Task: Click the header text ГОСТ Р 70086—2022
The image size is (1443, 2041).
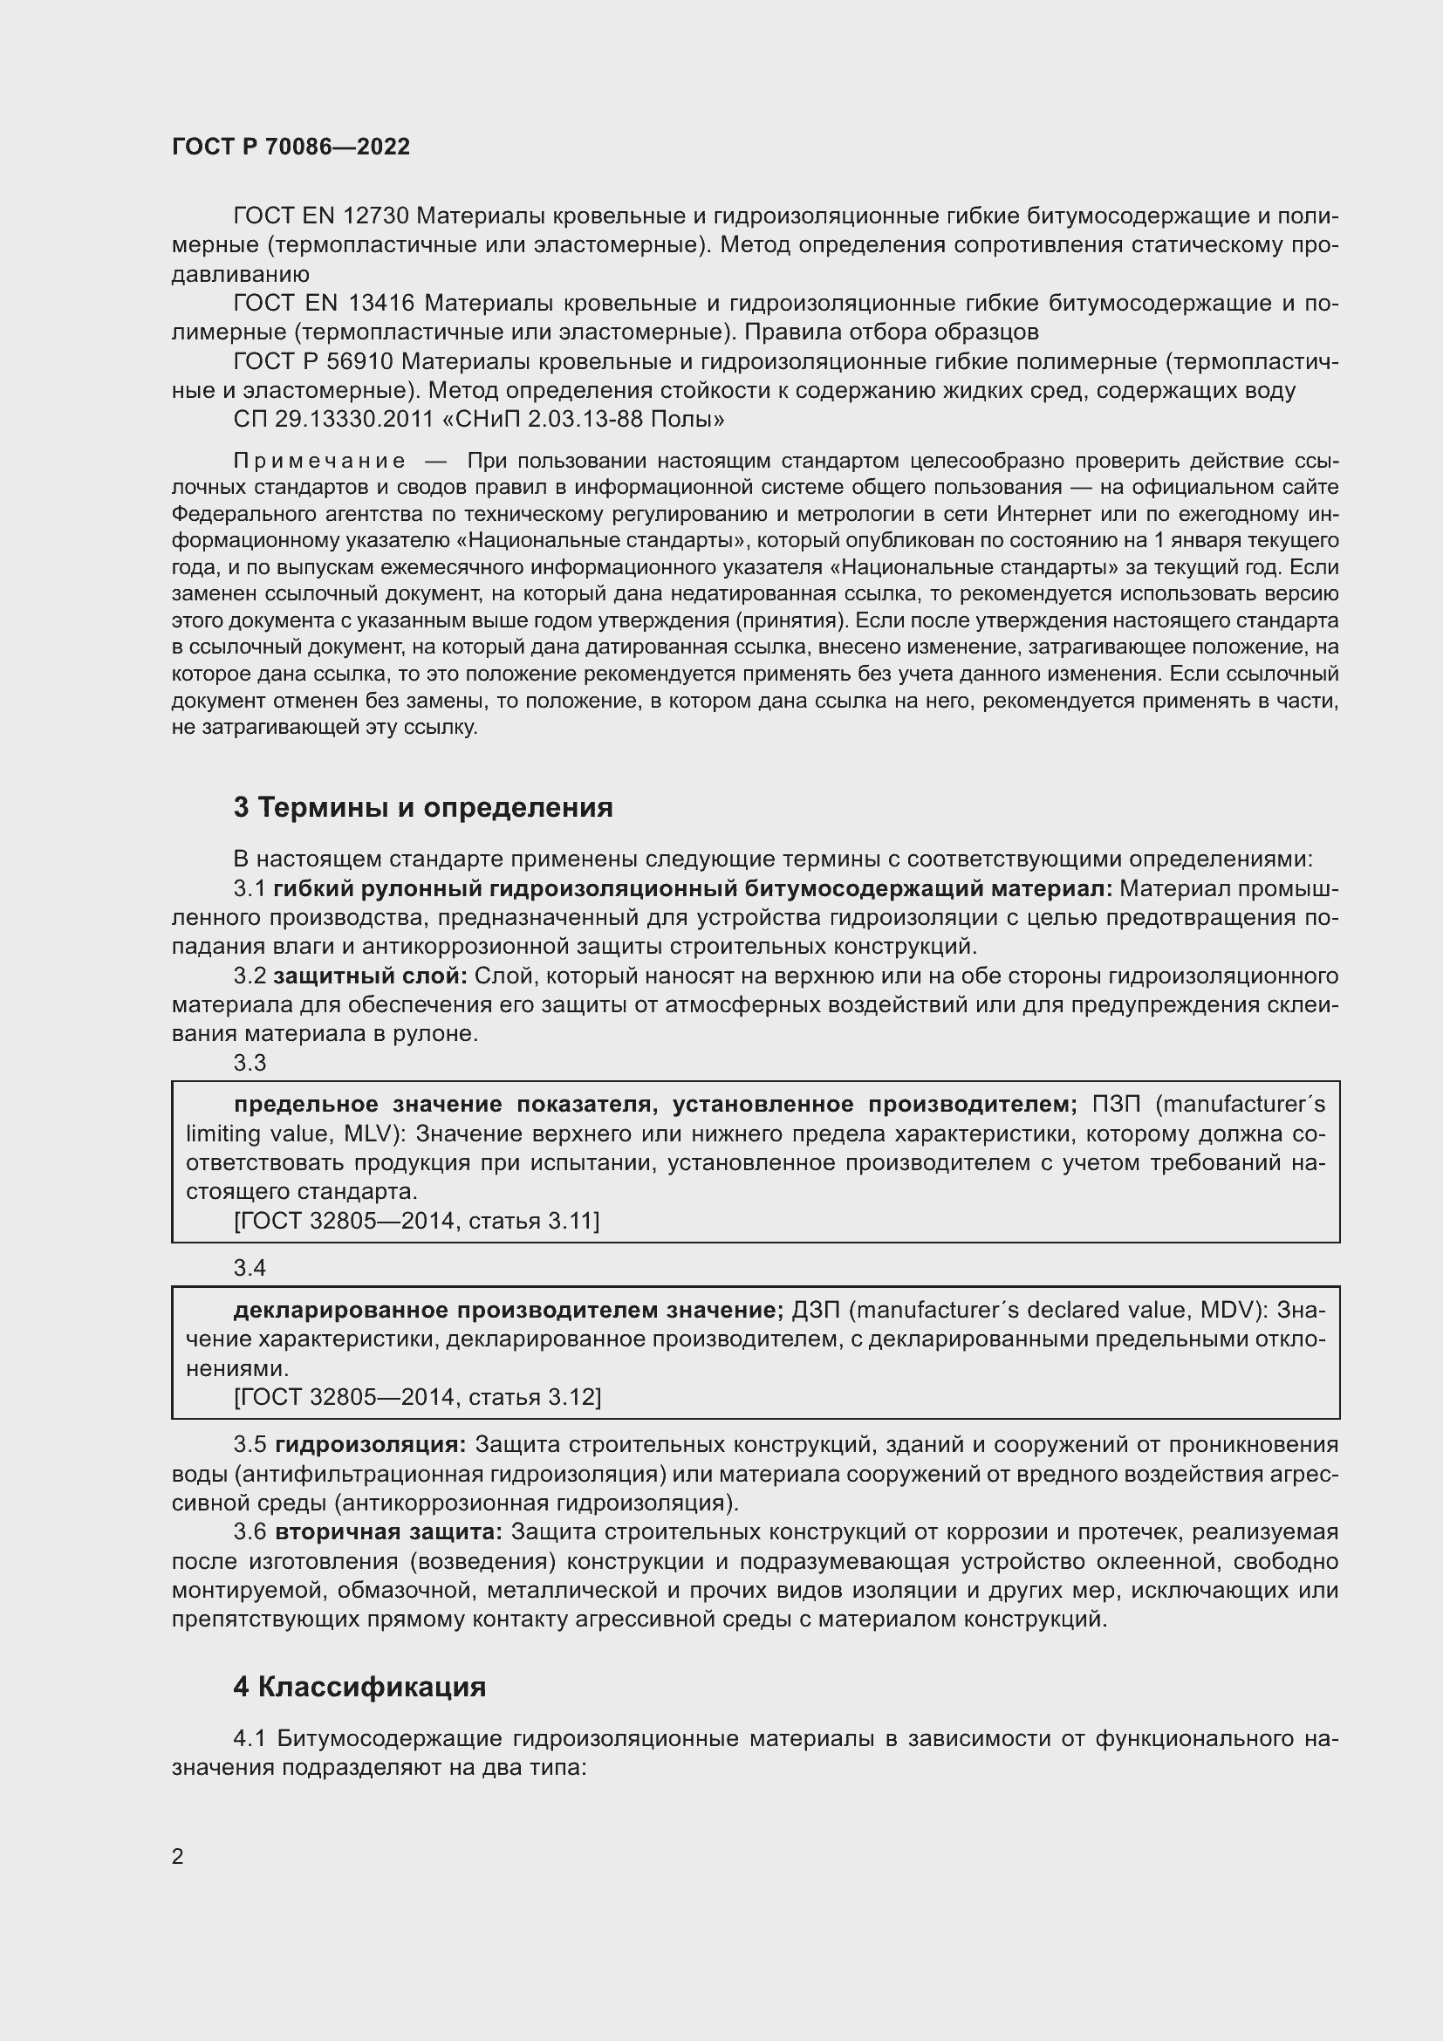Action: (x=291, y=147)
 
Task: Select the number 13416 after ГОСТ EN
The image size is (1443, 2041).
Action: (x=380, y=303)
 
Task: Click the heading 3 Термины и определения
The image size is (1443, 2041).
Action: (x=423, y=807)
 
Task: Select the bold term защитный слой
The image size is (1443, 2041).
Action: (x=370, y=976)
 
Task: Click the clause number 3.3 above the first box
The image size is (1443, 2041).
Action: (x=250, y=1063)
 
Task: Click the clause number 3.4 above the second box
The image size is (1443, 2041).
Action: (x=250, y=1268)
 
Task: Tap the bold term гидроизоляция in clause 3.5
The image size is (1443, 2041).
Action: (x=371, y=1445)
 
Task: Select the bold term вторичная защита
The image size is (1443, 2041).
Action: (x=388, y=1532)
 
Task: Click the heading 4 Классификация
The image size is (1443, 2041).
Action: (x=359, y=1688)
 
